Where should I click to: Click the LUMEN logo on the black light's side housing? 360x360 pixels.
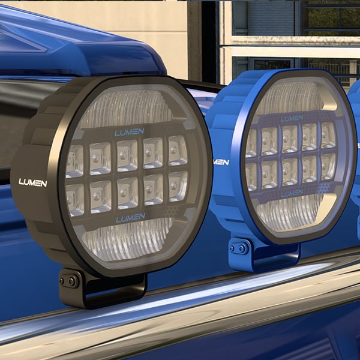(32, 182)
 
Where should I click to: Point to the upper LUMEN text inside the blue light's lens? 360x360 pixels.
(292, 118)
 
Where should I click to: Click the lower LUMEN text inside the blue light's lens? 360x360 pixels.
(292, 193)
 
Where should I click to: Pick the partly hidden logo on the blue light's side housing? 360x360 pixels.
(221, 161)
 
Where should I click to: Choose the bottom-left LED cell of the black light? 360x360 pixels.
(75, 199)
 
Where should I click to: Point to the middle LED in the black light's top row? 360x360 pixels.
(127, 155)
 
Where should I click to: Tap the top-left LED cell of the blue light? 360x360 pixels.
(252, 143)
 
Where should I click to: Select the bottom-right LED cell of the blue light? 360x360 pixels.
(328, 166)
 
